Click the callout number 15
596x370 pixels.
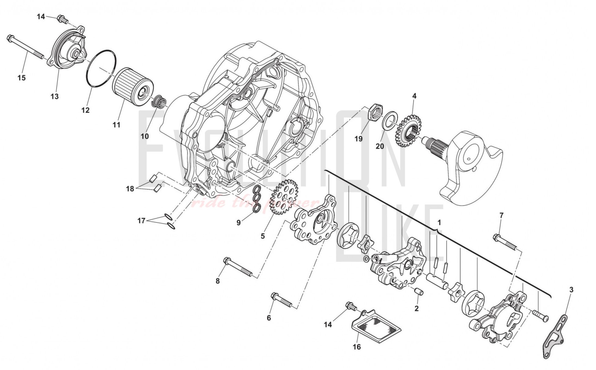pos(21,78)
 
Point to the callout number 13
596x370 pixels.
pos(54,97)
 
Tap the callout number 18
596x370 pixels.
pos(130,189)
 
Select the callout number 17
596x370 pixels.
pos(141,221)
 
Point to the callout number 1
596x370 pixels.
pos(439,223)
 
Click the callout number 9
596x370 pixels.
pos(238,223)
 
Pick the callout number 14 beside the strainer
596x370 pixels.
pos(328,325)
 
